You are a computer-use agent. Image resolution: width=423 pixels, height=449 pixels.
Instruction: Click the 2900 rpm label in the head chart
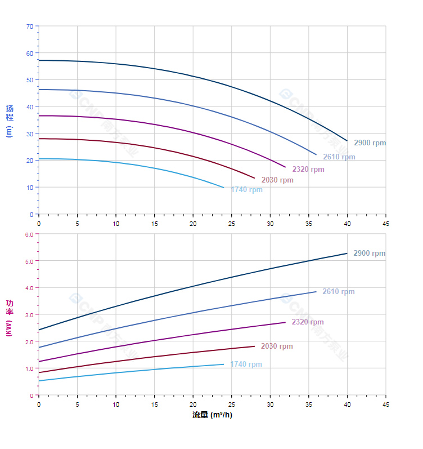point(370,143)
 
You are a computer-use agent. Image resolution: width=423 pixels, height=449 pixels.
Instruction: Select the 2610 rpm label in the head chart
point(339,157)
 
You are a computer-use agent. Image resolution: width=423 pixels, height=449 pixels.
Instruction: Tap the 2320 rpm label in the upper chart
point(308,170)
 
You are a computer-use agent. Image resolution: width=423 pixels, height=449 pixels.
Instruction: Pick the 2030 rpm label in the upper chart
point(277,180)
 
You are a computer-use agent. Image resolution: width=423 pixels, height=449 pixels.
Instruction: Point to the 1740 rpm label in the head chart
point(246,190)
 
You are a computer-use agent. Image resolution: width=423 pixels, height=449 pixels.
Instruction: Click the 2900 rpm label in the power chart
point(369,254)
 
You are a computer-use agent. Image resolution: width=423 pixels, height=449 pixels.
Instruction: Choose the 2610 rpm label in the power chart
point(338,292)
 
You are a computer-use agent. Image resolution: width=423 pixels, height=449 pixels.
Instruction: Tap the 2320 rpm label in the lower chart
point(307,322)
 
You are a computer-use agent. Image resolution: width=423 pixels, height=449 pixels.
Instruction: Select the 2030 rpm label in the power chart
point(276,346)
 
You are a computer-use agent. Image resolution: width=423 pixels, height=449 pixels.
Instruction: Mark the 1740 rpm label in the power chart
point(245,364)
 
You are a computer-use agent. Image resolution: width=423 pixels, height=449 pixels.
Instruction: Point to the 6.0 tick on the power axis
point(29,234)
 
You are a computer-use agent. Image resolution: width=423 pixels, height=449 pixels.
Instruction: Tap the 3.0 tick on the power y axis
point(29,315)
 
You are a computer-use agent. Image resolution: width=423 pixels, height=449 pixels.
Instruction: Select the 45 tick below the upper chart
point(386,224)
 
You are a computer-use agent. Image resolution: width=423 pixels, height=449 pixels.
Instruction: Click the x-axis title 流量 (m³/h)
point(212,415)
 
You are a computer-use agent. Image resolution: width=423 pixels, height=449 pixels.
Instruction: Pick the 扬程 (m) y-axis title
point(9,121)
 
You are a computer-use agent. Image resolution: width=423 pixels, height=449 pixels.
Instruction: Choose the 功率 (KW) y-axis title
point(9,317)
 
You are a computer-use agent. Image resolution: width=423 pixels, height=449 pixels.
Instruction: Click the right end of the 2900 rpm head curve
point(347,141)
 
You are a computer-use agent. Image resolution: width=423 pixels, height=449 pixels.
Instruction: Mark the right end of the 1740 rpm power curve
point(224,364)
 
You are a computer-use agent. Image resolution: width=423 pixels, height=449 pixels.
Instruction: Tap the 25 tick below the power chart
point(232,404)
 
